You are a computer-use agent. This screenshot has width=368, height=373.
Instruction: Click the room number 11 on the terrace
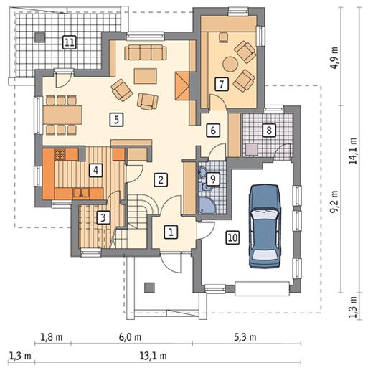(70, 42)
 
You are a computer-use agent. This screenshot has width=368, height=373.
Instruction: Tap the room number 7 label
(222, 84)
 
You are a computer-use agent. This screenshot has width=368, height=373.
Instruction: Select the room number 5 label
(116, 120)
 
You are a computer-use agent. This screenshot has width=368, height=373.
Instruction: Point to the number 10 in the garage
(232, 238)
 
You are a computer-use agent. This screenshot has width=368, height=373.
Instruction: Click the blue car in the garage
(265, 226)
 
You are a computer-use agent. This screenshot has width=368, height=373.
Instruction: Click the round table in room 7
(230, 64)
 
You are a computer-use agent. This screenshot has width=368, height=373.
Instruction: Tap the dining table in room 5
(63, 115)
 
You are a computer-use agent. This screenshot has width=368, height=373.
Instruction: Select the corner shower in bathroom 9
(207, 205)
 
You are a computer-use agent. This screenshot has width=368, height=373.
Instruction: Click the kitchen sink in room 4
(81, 193)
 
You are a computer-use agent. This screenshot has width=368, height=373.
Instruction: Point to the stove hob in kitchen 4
(60, 154)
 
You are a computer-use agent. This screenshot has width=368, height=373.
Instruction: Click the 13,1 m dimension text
(154, 356)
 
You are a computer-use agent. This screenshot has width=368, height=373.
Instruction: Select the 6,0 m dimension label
(130, 337)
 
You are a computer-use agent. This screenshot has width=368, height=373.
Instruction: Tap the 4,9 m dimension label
(335, 57)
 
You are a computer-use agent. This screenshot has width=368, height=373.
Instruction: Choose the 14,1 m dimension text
(354, 151)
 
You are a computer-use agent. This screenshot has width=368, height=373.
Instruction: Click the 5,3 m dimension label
(245, 337)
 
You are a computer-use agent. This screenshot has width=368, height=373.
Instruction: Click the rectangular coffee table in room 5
(146, 76)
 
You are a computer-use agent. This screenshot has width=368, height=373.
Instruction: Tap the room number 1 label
(171, 232)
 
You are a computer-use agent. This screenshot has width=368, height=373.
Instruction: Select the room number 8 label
(269, 131)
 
